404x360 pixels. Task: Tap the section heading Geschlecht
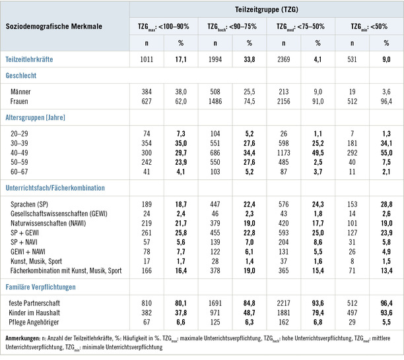pos(22,76)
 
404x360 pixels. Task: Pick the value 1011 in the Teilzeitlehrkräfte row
pos(149,59)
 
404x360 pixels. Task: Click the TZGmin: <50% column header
pos(368,26)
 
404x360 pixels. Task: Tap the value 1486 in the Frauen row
pos(215,101)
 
